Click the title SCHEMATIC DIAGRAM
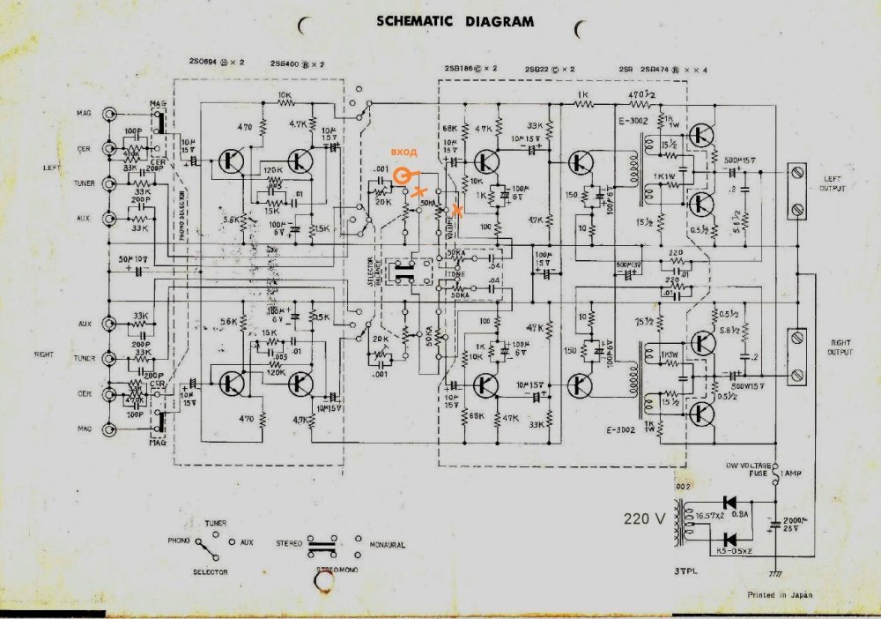455,20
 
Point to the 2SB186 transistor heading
471,68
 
